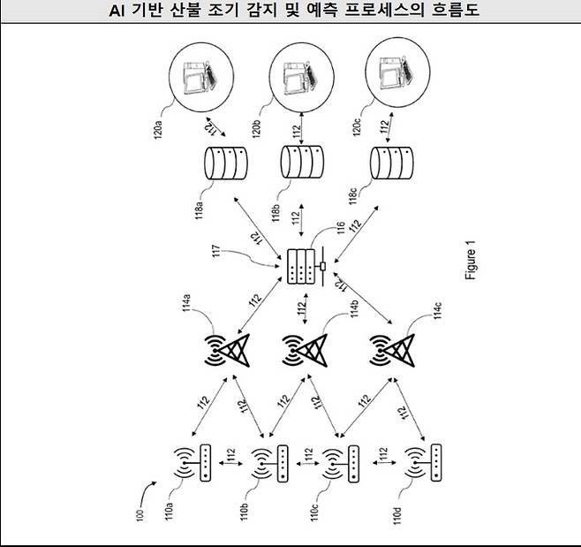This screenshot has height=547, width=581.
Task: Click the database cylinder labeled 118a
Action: point(225,163)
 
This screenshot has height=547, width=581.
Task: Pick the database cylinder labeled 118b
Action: point(302,163)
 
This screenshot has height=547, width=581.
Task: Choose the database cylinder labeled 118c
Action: point(391,163)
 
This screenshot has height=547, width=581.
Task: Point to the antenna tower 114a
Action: point(225,353)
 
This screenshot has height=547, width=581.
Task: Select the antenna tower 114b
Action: point(303,353)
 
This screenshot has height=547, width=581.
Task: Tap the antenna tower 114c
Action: point(392,353)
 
